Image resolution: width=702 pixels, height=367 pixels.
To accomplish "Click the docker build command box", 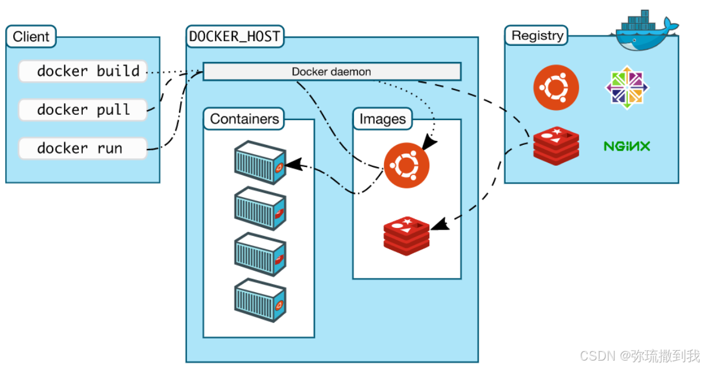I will [x=83, y=71].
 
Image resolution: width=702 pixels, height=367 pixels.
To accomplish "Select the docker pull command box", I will [x=83, y=110].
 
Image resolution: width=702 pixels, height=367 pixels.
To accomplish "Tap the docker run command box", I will [x=83, y=148].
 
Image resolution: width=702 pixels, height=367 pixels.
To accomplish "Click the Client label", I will [x=31, y=37].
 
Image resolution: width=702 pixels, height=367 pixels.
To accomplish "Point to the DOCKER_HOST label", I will [x=235, y=37].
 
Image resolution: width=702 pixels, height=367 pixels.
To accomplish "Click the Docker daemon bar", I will [x=331, y=72].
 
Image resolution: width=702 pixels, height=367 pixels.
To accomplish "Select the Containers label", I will [x=244, y=119].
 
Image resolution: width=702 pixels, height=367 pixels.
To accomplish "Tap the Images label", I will [x=382, y=119].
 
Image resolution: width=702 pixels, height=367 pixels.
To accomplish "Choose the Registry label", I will [x=537, y=35].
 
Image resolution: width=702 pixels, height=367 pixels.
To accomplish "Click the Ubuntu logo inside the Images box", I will [x=406, y=165].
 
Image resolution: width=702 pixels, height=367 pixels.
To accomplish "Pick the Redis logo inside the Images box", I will [x=406, y=235].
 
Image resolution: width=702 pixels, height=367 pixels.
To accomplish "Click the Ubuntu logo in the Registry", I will [x=556, y=88].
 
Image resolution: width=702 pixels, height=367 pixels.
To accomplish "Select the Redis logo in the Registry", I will [x=556, y=144].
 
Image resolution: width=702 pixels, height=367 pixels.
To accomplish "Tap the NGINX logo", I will [x=627, y=146].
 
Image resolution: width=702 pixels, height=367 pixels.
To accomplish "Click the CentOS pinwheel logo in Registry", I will [x=627, y=88].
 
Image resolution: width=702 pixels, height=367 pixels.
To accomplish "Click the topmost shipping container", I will [x=260, y=162].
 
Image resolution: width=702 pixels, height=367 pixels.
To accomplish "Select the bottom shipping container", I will [x=260, y=300].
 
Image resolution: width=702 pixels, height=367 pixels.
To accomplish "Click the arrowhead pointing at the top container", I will [x=293, y=164].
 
